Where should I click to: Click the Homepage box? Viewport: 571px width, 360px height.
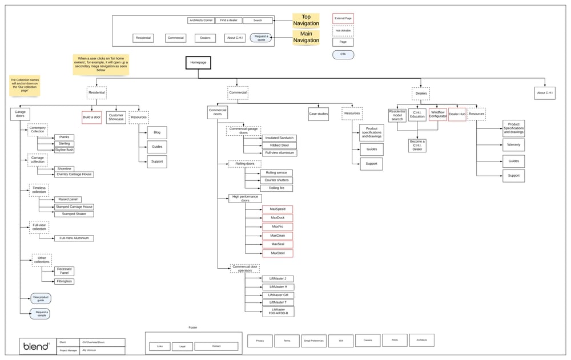coord(198,63)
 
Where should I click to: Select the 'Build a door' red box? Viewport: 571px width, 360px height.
coord(91,117)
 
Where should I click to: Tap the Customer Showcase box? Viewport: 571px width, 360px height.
coord(116,117)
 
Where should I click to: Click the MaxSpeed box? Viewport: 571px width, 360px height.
coord(278,209)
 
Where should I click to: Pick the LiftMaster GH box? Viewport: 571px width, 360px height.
coord(278,294)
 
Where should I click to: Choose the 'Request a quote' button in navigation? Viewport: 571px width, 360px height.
coord(261,38)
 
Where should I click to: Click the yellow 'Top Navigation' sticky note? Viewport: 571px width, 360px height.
coord(306,21)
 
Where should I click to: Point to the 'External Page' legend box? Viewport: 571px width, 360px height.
coord(343,18)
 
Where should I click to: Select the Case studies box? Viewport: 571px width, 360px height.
coord(319,114)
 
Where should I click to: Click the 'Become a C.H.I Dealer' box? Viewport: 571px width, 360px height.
coord(417,145)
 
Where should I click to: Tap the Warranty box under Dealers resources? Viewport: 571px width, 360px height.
coord(513,145)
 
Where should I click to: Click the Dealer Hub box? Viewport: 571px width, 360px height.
coord(457,114)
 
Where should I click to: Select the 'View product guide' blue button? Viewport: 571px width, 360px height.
coord(41,298)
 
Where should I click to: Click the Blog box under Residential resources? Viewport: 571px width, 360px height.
coord(156,132)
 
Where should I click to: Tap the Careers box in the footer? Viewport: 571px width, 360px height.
coord(367,340)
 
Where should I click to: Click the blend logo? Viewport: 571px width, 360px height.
coord(35,346)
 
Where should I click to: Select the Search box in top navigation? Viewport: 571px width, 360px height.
coord(258,21)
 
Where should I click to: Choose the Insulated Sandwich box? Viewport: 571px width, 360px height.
coord(279,138)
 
